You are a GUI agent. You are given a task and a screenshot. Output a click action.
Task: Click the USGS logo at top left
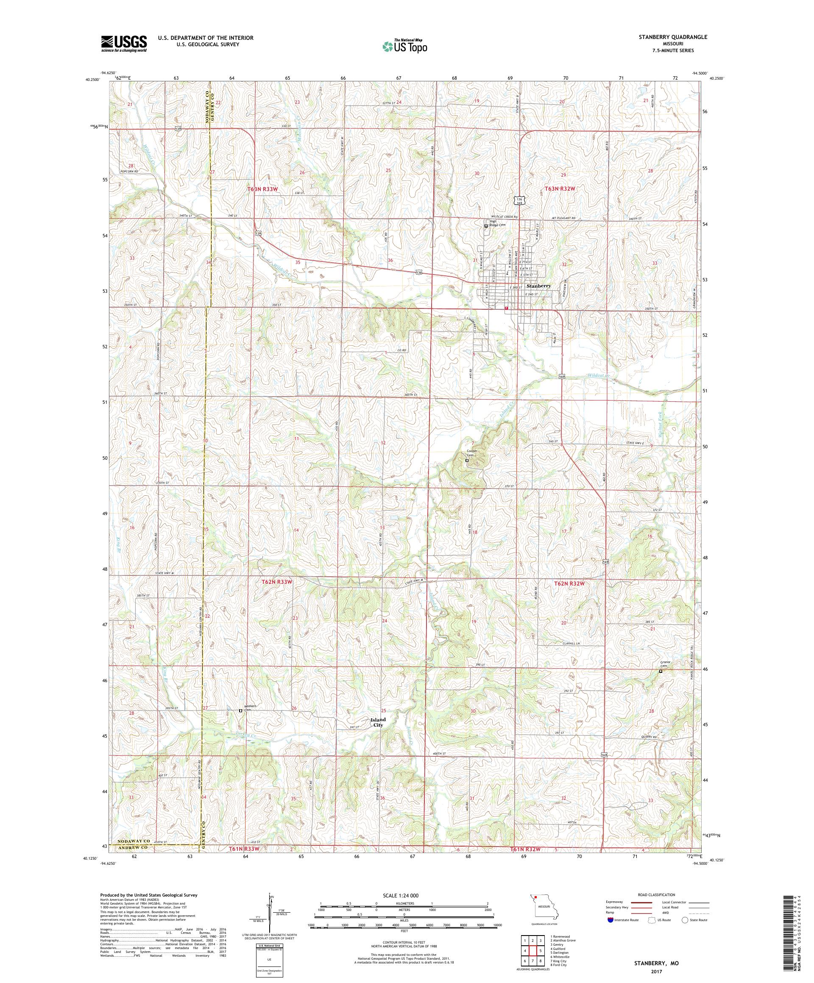tap(124, 44)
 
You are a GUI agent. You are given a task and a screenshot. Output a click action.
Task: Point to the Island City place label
tap(378, 722)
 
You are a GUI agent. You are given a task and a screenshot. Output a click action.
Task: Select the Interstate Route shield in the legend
tap(610, 920)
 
